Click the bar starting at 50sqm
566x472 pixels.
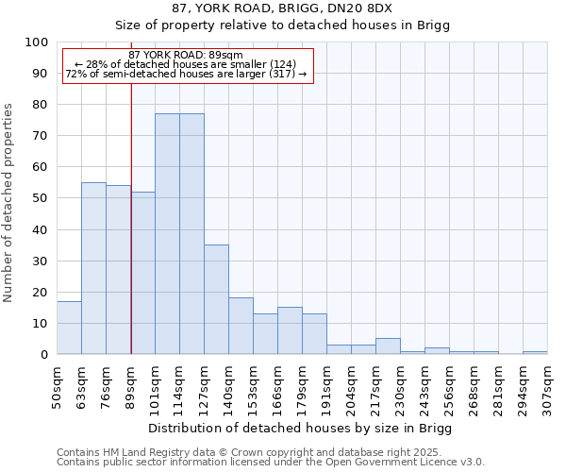pyautogui.click(x=69, y=328)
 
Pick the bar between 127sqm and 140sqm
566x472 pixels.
pyautogui.click(x=216, y=299)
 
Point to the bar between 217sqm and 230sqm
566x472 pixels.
pyautogui.click(x=388, y=346)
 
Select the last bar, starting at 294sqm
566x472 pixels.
pyautogui.click(x=535, y=352)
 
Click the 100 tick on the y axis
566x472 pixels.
pyautogui.click(x=37, y=42)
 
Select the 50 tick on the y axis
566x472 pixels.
pyautogui.click(x=41, y=198)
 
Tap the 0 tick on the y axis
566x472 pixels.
pyautogui.click(x=44, y=354)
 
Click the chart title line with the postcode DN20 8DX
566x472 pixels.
pyautogui.click(x=283, y=8)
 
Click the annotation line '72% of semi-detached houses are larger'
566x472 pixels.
pyautogui.click(x=186, y=75)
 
